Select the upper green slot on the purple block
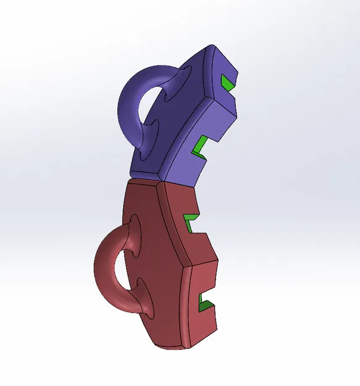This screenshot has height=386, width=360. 227,83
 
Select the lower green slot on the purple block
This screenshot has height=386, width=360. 201,147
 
